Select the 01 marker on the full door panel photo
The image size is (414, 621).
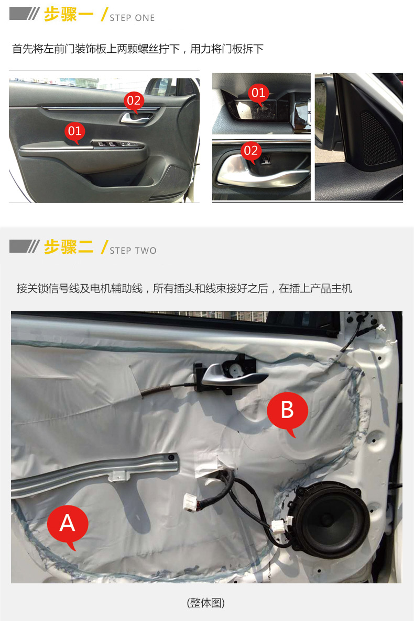coord(74,132)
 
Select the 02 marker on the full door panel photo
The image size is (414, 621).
coord(134,101)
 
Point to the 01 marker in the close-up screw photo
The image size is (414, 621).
coord(258,94)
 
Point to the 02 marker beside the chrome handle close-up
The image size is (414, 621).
coord(251,151)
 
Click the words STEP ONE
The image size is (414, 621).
coord(132,18)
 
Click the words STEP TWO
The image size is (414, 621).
coord(133,251)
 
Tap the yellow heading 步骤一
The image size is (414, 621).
coord(69,14)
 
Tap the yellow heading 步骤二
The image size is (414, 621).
coord(69,247)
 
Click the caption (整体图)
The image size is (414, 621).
coord(206,603)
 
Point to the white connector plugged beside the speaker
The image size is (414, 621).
coord(278,526)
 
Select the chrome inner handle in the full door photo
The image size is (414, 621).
coord(136,118)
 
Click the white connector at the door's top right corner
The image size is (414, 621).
coord(382,329)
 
